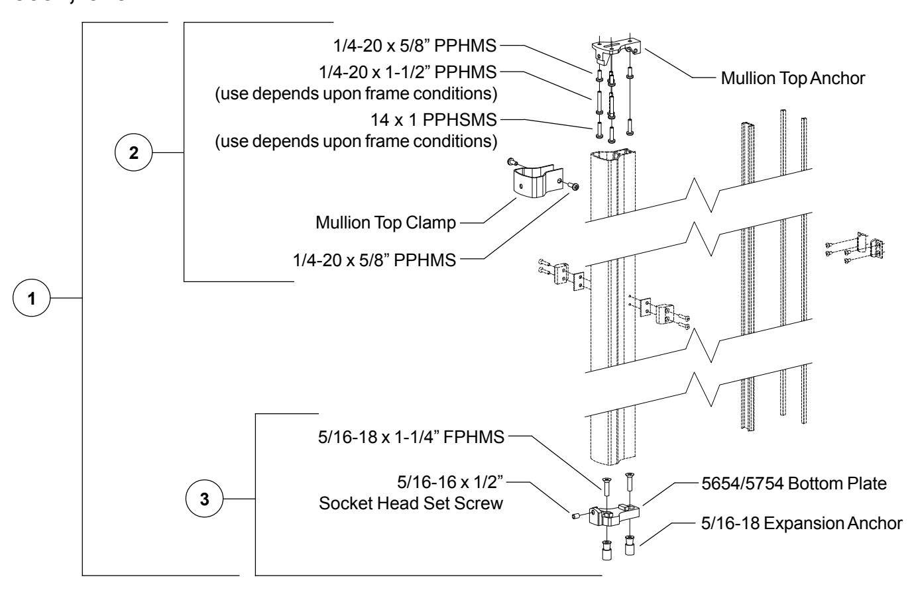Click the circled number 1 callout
(x=32, y=298)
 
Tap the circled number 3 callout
(x=205, y=499)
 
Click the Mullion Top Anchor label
(x=793, y=78)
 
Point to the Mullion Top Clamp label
(x=386, y=223)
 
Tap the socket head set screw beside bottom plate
(x=575, y=515)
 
